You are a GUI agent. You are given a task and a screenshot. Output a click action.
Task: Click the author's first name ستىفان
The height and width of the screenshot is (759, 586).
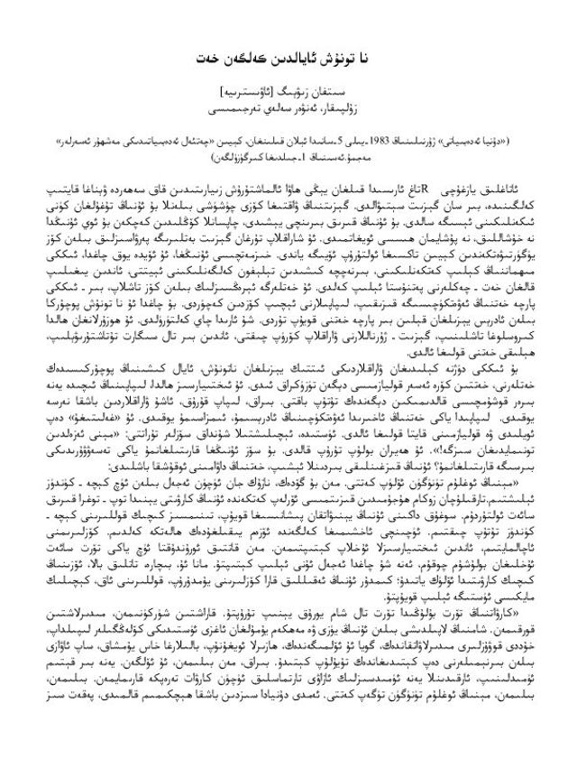tap(340, 92)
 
